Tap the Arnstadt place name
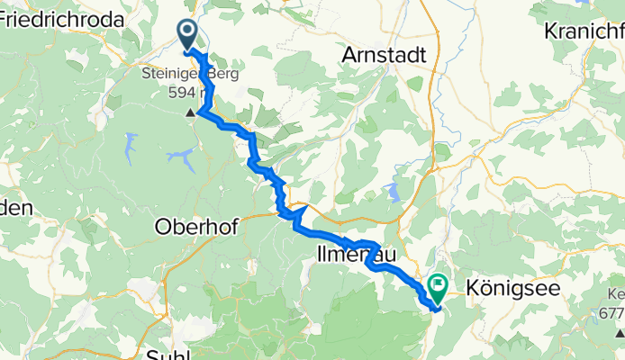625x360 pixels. (384, 55)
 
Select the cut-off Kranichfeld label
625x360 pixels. (584, 30)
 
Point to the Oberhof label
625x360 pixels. (195, 227)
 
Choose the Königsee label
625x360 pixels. (514, 289)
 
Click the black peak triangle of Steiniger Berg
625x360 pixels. (190, 113)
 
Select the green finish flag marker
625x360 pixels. (439, 288)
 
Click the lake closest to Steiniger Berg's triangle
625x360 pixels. (183, 160)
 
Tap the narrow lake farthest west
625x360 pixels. (132, 144)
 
